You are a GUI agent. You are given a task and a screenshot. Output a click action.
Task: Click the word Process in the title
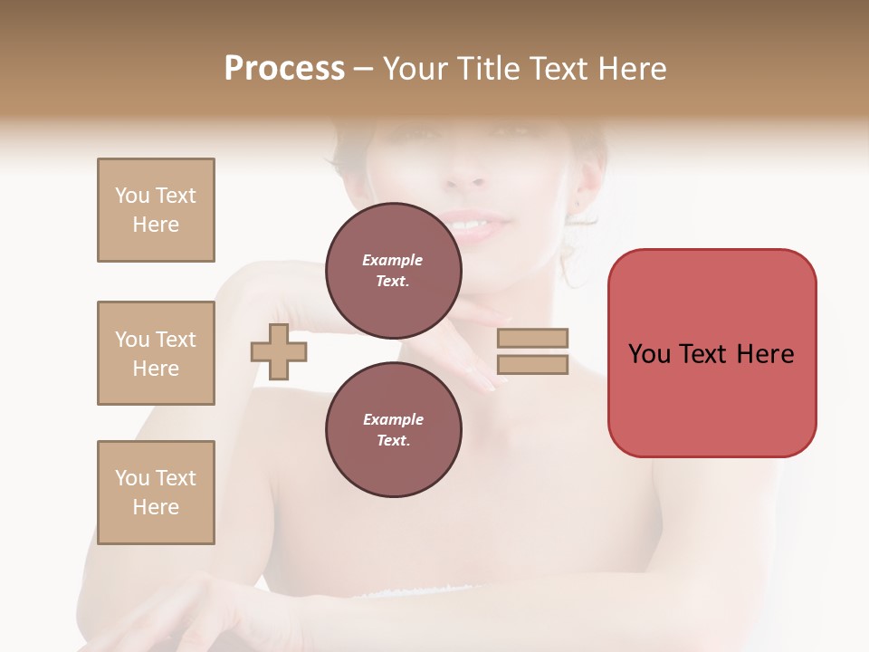click(284, 69)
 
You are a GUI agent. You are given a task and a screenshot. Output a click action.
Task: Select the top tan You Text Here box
click(156, 210)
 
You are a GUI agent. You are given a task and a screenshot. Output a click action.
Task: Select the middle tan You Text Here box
click(156, 353)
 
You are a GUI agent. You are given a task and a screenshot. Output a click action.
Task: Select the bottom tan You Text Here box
click(156, 493)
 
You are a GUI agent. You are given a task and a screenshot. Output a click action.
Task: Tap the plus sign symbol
click(279, 351)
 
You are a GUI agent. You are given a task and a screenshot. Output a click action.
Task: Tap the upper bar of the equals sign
click(533, 338)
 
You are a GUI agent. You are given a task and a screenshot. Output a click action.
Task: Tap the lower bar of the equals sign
click(533, 364)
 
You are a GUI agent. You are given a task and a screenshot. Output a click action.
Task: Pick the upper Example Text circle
click(393, 270)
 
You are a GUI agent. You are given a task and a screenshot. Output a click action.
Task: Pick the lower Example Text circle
click(393, 429)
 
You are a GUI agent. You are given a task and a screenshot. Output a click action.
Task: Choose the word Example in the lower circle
click(393, 419)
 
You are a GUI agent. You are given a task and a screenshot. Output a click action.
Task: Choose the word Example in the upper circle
click(393, 260)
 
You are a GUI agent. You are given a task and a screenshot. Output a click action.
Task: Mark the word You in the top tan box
click(131, 196)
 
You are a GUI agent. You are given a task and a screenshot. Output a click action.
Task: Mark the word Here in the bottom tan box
click(156, 507)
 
